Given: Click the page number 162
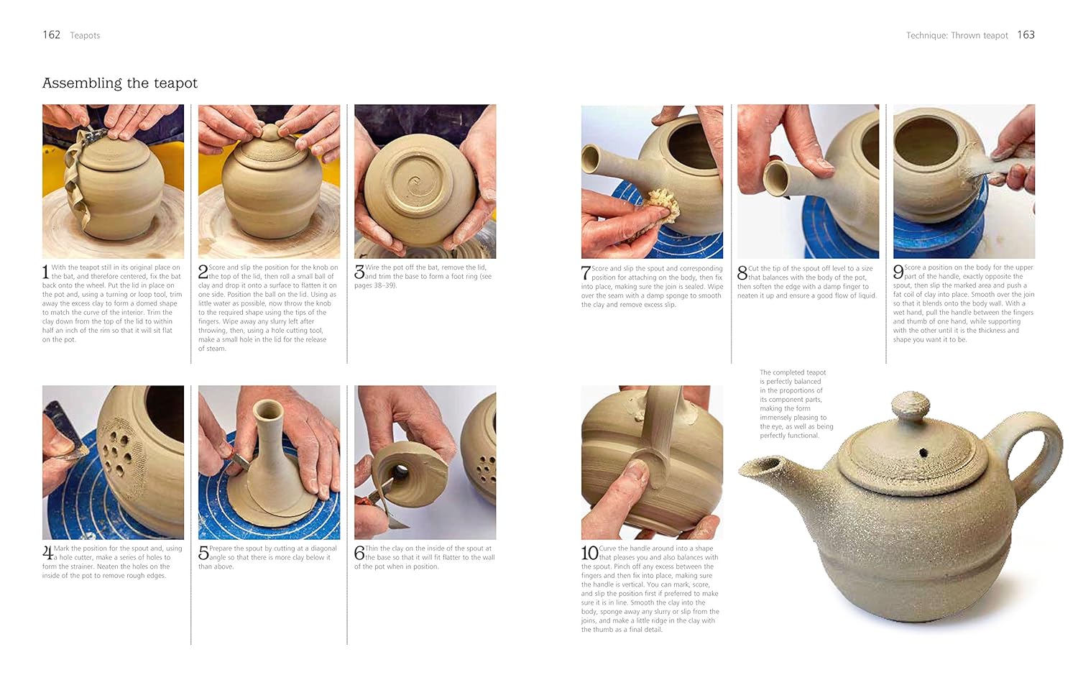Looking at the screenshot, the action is (x=52, y=35).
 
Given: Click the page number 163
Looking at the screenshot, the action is (x=1026, y=35).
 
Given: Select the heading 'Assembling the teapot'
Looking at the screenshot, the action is (x=120, y=83).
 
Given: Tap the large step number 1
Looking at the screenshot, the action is (x=46, y=272).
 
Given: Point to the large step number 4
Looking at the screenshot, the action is (x=47, y=553).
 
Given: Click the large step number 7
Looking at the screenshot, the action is (x=586, y=273).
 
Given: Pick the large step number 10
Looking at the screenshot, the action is (x=589, y=553).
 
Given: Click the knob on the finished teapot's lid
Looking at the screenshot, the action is (x=909, y=405).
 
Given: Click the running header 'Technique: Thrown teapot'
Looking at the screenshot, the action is (x=957, y=36).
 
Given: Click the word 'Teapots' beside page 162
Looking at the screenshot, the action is (x=85, y=36).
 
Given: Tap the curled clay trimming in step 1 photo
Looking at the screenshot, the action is (x=78, y=185).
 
